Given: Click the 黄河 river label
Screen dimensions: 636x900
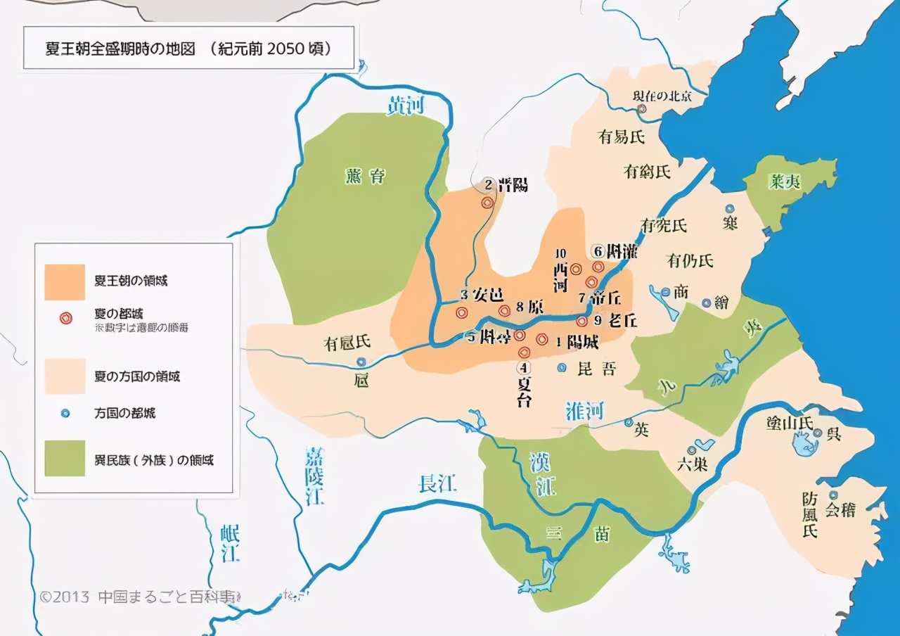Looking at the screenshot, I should click(x=406, y=106).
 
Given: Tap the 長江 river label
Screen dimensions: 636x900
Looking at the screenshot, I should click(x=437, y=483).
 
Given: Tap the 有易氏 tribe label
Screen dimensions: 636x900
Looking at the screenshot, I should click(x=622, y=136).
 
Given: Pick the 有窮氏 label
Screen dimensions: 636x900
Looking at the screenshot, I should click(x=648, y=170).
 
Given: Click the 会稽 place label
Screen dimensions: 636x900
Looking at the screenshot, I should click(x=840, y=510).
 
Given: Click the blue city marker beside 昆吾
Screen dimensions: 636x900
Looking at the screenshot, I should click(x=562, y=367).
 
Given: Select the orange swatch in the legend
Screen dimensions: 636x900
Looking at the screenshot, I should click(x=65, y=281).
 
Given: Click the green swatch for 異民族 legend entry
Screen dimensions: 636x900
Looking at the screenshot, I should click(x=65, y=459).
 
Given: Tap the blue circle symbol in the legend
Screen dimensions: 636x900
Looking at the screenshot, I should click(x=65, y=413).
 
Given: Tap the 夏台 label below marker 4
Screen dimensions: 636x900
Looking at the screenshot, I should click(x=525, y=393).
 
